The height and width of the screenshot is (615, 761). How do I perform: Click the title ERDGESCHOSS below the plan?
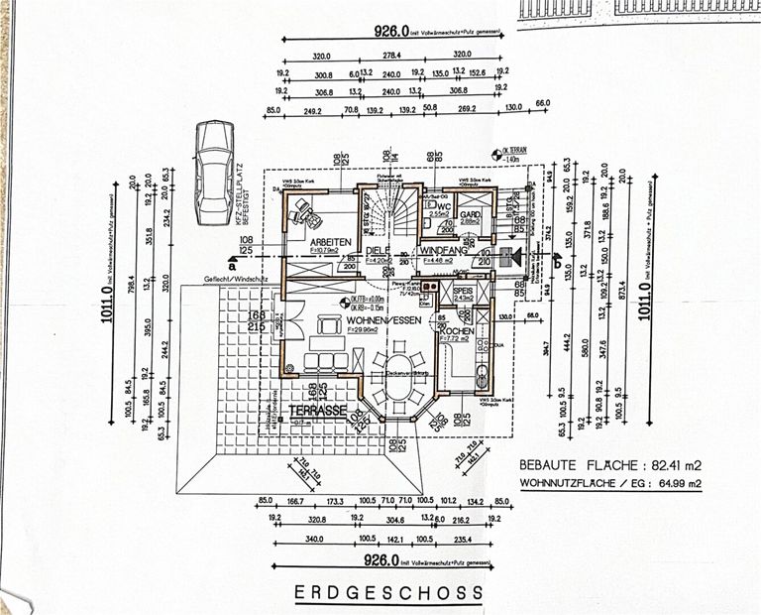click(389, 592)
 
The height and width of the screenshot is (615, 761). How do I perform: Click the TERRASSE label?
click(317, 409)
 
